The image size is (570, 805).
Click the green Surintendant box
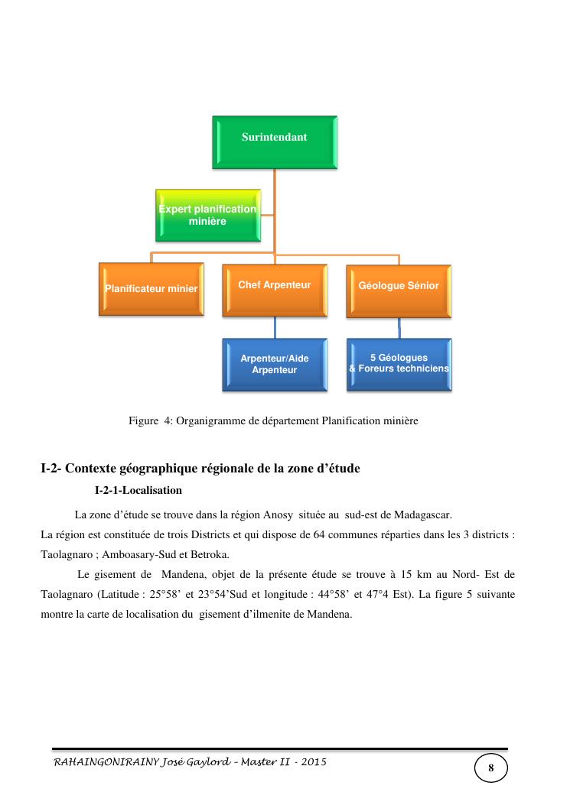click(x=274, y=141)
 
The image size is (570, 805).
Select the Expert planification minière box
click(x=207, y=215)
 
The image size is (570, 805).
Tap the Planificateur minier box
click(x=151, y=288)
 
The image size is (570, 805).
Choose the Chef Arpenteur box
click(x=274, y=288)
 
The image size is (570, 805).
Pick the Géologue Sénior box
click(x=399, y=289)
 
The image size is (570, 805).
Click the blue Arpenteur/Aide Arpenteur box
click(x=274, y=364)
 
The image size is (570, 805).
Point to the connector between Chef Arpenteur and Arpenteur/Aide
click(x=275, y=327)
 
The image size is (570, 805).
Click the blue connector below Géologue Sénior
click(x=399, y=328)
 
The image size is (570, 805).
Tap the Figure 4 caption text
click(x=273, y=420)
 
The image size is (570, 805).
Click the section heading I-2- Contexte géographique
click(x=200, y=468)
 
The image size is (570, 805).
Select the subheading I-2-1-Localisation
click(x=138, y=489)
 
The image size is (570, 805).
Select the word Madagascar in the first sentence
click(x=422, y=514)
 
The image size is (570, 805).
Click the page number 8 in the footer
click(x=490, y=768)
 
